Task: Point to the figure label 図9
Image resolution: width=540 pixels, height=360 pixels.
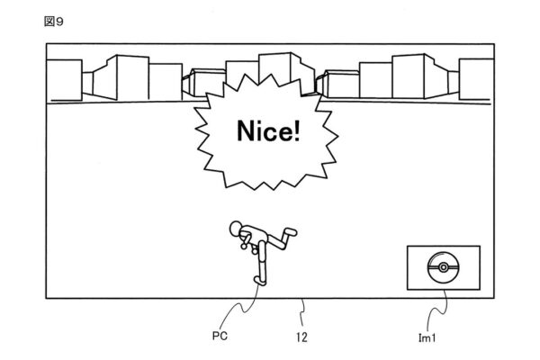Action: [54, 21]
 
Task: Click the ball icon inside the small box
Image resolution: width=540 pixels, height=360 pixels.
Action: [441, 269]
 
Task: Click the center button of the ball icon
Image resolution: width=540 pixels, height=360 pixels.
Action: [441, 269]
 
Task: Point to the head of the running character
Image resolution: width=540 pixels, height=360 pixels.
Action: [237, 228]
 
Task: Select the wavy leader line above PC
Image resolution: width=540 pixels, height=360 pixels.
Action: [243, 310]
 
